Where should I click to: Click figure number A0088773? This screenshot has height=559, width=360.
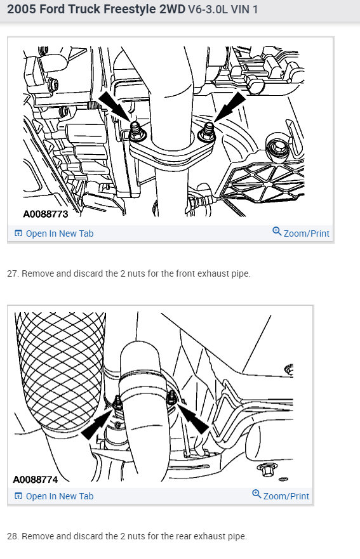click(x=45, y=214)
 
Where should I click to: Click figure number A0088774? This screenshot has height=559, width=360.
click(x=40, y=478)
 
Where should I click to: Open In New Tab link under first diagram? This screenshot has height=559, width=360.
click(x=59, y=233)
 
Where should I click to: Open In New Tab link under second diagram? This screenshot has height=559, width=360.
click(x=59, y=496)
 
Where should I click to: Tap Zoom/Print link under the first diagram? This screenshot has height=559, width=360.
click(x=306, y=233)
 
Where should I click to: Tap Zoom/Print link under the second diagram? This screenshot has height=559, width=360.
click(x=286, y=496)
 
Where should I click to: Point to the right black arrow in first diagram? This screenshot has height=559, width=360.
click(x=230, y=105)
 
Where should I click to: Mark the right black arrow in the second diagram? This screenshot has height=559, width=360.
click(x=194, y=420)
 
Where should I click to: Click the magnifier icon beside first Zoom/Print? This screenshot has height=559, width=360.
click(x=277, y=232)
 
